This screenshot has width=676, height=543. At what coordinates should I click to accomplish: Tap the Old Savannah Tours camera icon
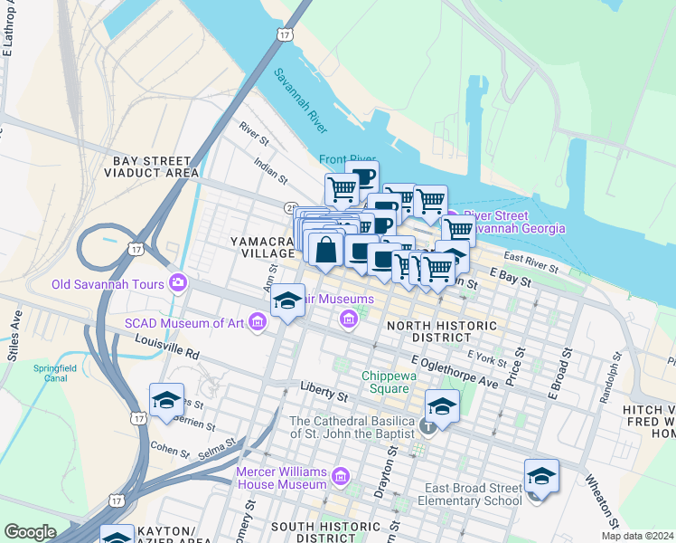pyautogui.click(x=177, y=283)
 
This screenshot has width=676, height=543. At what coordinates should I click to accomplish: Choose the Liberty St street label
pyautogui.click(x=324, y=395)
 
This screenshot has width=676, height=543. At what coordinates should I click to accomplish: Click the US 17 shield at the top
pyautogui.click(x=285, y=34)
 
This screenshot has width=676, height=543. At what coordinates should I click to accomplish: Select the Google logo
pyautogui.click(x=30, y=532)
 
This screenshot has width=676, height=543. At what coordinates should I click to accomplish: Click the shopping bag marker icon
pyautogui.click(x=326, y=249)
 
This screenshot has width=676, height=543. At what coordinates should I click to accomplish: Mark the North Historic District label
pyautogui.click(x=441, y=331)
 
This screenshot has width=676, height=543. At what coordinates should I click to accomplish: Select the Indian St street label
pyautogui.click(x=270, y=170)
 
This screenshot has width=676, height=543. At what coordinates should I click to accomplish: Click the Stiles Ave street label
pyautogui.click(x=16, y=320)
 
